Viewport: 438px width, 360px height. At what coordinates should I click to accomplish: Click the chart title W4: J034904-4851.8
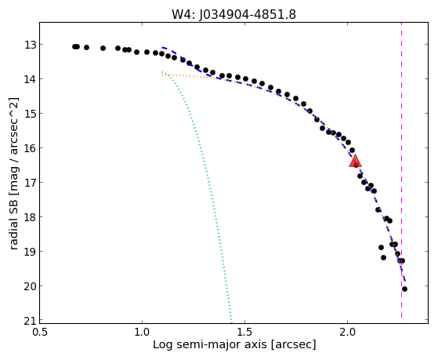(233, 14)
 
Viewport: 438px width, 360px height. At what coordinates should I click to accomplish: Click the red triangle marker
(355, 161)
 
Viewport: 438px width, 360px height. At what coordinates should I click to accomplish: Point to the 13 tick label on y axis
(30, 45)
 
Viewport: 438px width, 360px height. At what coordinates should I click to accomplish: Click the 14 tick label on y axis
(30, 79)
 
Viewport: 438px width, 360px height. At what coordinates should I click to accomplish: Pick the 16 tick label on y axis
(30, 148)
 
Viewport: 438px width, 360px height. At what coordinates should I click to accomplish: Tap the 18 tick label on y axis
(30, 217)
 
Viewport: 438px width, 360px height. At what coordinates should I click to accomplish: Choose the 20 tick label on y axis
(30, 286)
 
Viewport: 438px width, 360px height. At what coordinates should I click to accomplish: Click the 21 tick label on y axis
(30, 321)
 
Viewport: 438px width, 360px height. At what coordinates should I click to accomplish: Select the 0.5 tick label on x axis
(40, 332)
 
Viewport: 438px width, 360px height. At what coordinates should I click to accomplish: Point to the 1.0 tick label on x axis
(142, 332)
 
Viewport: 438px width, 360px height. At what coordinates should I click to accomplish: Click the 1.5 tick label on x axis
(244, 332)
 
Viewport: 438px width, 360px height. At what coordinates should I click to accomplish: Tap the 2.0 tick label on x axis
(347, 332)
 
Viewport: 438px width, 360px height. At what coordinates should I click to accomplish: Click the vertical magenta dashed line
(401, 170)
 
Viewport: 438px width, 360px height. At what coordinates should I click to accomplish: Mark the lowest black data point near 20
(404, 289)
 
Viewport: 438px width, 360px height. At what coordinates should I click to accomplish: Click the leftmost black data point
(74, 46)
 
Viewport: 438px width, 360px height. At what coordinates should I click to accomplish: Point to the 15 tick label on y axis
(30, 114)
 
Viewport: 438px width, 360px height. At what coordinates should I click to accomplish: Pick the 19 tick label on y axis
(30, 252)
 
